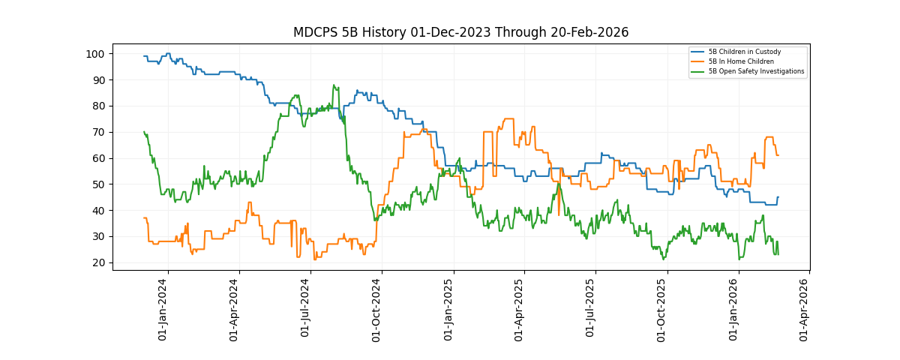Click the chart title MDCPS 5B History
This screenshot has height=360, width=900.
[460, 32]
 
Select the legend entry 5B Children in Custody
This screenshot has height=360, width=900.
[744, 52]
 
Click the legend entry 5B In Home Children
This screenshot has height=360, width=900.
[740, 61]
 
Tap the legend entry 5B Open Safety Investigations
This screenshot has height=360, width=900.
[756, 71]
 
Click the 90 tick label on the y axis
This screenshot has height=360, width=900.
[97, 80]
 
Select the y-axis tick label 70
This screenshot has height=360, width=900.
[97, 132]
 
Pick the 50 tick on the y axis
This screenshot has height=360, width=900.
[97, 184]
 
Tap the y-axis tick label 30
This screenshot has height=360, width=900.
[97, 237]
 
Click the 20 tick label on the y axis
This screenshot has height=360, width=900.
[97, 263]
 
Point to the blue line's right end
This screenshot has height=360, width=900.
[778, 197]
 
